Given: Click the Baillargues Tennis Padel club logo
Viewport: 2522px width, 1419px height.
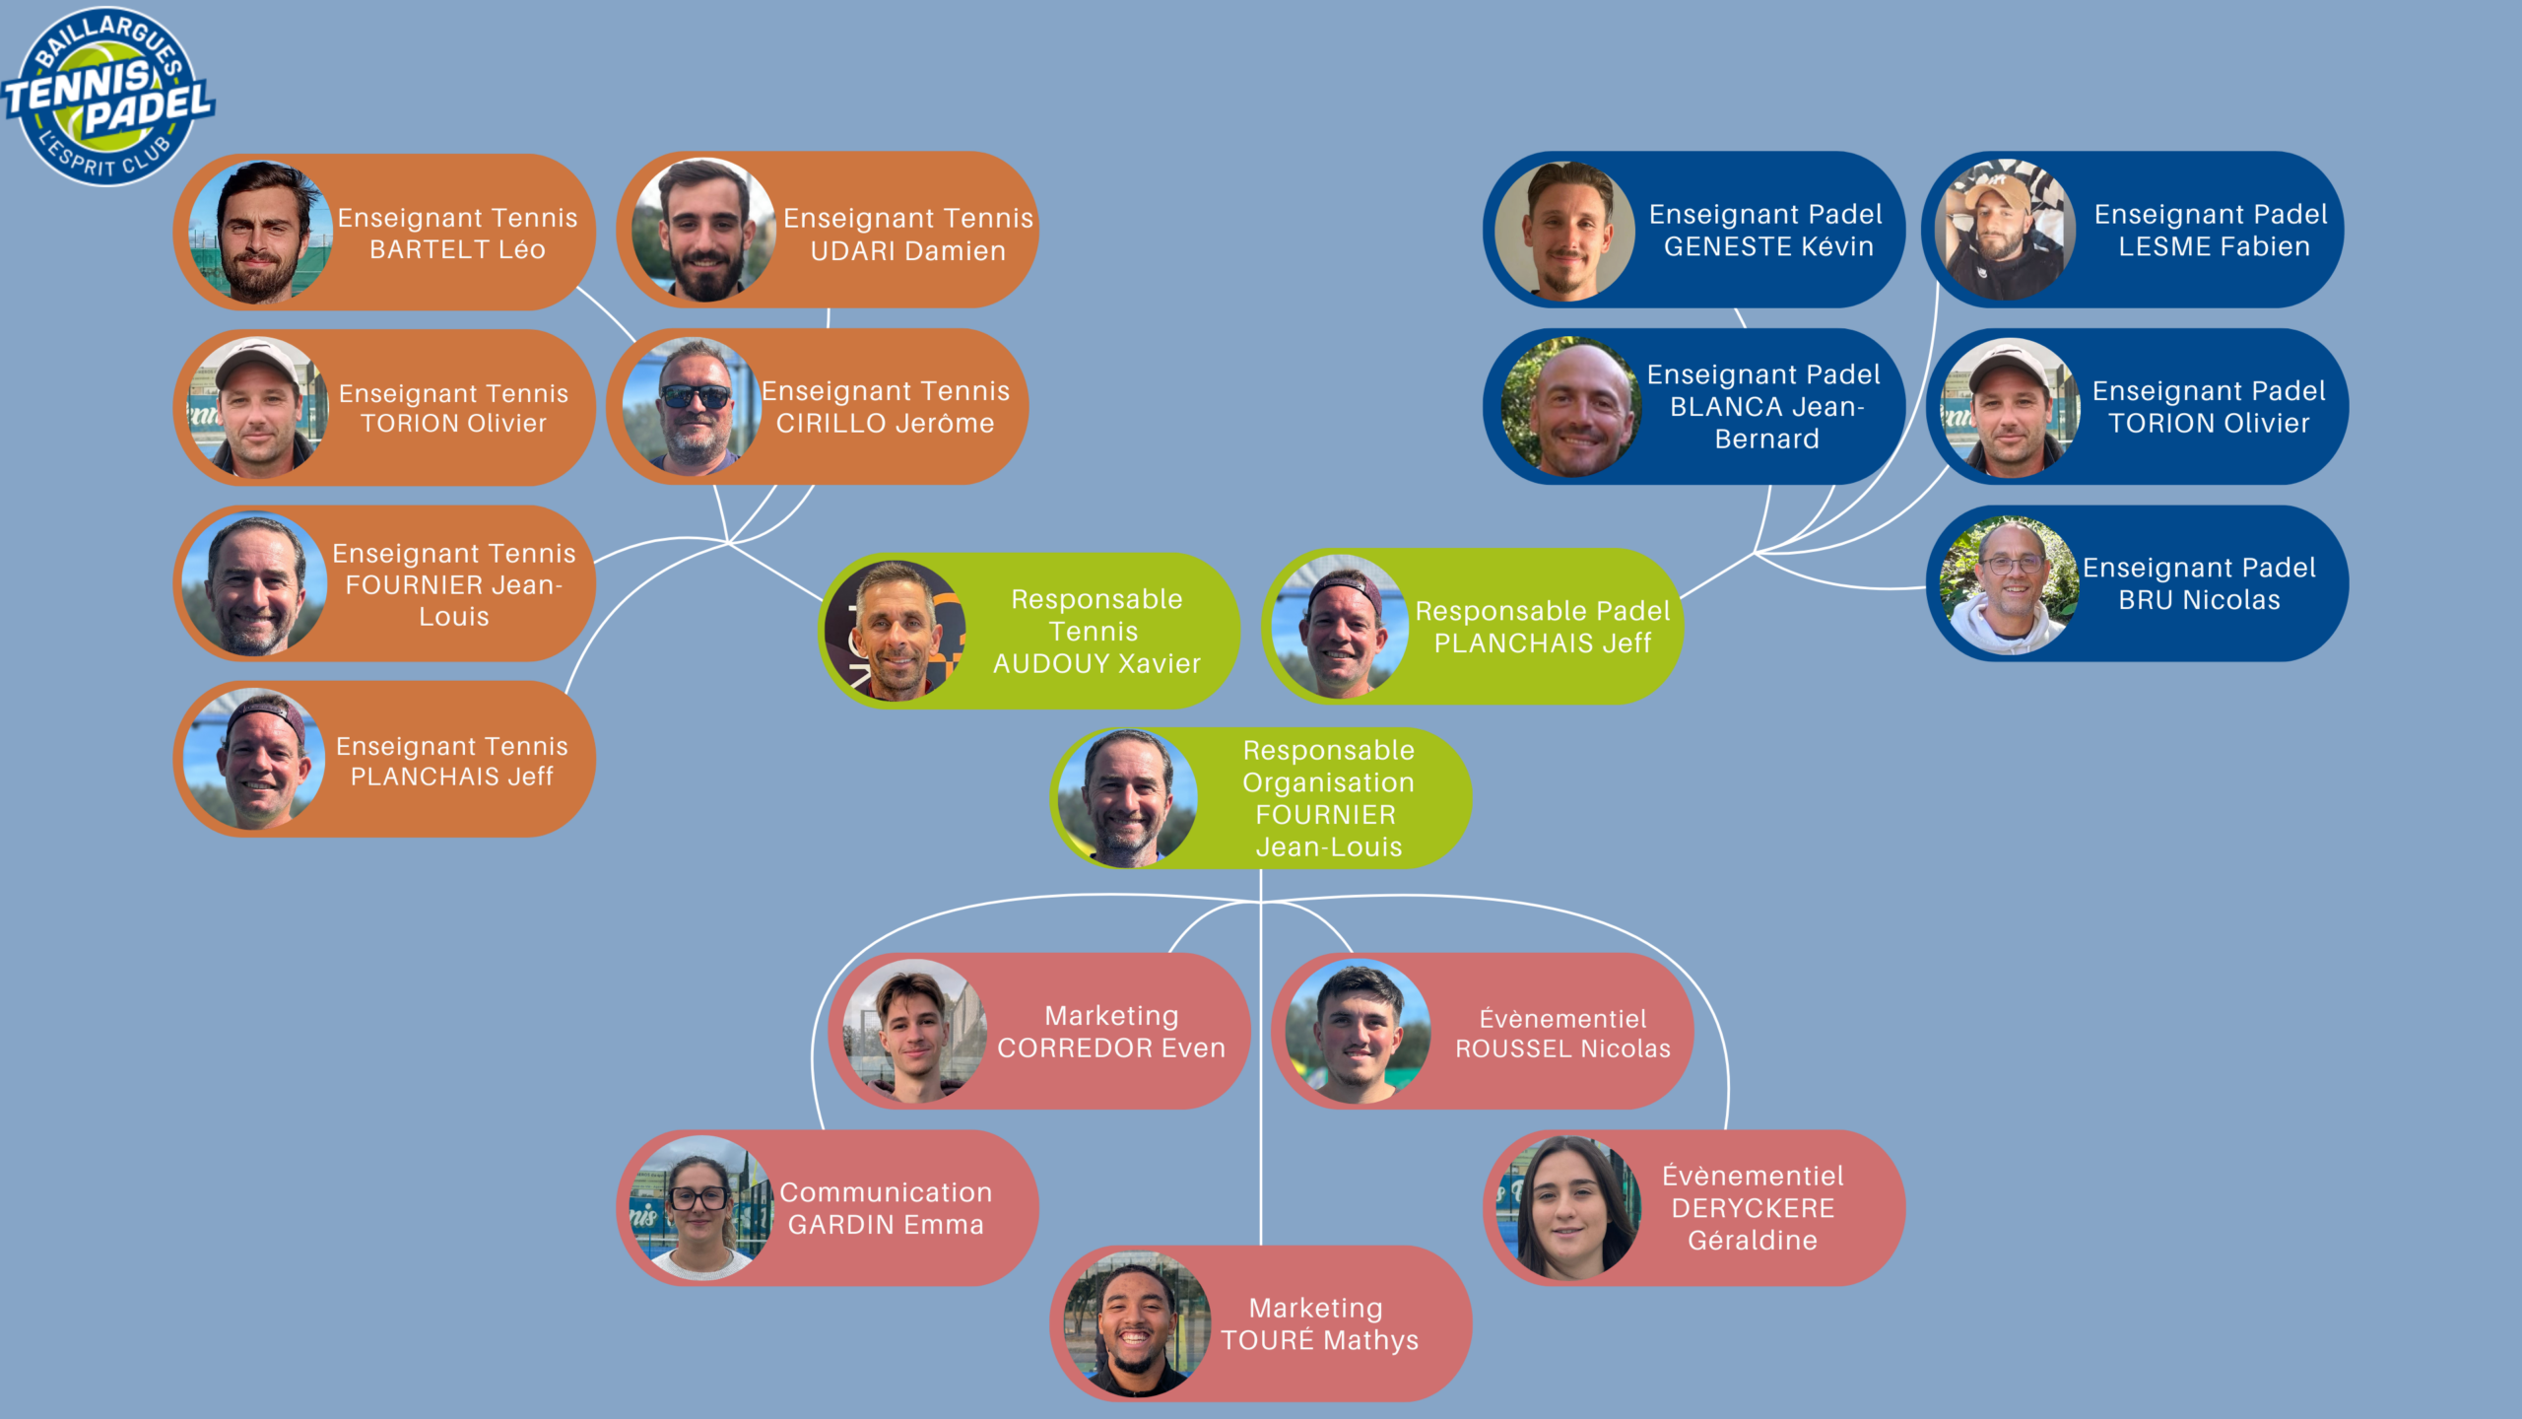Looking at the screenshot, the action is [108, 96].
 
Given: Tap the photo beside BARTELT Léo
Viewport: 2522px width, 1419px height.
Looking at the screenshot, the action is [260, 232].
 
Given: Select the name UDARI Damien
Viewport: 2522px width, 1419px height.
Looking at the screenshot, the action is [908, 251].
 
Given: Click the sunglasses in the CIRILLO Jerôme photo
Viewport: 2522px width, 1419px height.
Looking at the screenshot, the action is [696, 396].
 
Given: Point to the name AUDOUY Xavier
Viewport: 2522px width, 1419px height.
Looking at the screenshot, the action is [1096, 664].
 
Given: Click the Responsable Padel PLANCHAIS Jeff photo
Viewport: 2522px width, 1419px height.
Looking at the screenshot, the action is [1340, 627].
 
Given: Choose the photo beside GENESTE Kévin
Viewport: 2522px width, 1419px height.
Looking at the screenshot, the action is [1566, 231].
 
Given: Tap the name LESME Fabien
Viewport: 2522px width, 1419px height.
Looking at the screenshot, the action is [2214, 246].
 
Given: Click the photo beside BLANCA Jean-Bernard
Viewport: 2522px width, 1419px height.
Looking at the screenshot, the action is [1572, 407].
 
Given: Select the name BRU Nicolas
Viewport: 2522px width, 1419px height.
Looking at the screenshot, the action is [2199, 600].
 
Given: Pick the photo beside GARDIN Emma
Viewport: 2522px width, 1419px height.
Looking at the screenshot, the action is [701, 1208].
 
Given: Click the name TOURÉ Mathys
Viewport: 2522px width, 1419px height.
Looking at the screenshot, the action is [1319, 1340].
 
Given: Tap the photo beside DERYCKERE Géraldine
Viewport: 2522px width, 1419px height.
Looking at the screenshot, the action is [1570, 1208].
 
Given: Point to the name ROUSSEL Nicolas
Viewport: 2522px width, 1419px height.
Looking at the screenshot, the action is [1562, 1048].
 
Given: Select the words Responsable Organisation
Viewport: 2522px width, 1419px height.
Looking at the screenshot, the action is [1328, 766].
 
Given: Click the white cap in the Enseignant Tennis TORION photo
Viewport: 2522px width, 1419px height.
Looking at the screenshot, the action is [259, 361].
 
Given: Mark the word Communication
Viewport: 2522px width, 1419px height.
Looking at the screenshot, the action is [886, 1192].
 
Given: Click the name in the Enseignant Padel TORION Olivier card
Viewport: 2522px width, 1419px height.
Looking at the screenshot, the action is [2209, 424].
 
